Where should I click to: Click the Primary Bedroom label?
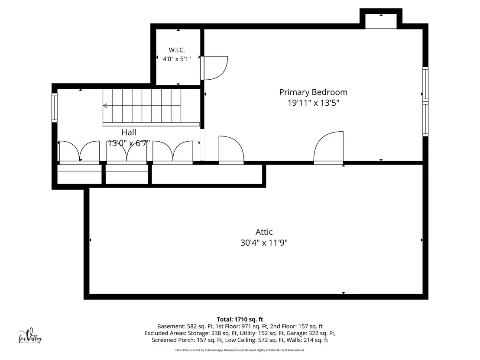313,92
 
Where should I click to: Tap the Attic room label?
264,232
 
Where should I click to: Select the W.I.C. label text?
177,50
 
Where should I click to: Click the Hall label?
129,132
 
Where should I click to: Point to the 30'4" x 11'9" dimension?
264,243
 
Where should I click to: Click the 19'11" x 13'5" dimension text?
313,103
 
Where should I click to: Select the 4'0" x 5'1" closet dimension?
177,59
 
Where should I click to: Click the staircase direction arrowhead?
105,106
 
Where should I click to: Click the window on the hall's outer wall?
54,107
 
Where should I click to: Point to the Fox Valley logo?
30,336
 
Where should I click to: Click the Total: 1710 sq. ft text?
240,320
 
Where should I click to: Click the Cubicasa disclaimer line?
240,350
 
